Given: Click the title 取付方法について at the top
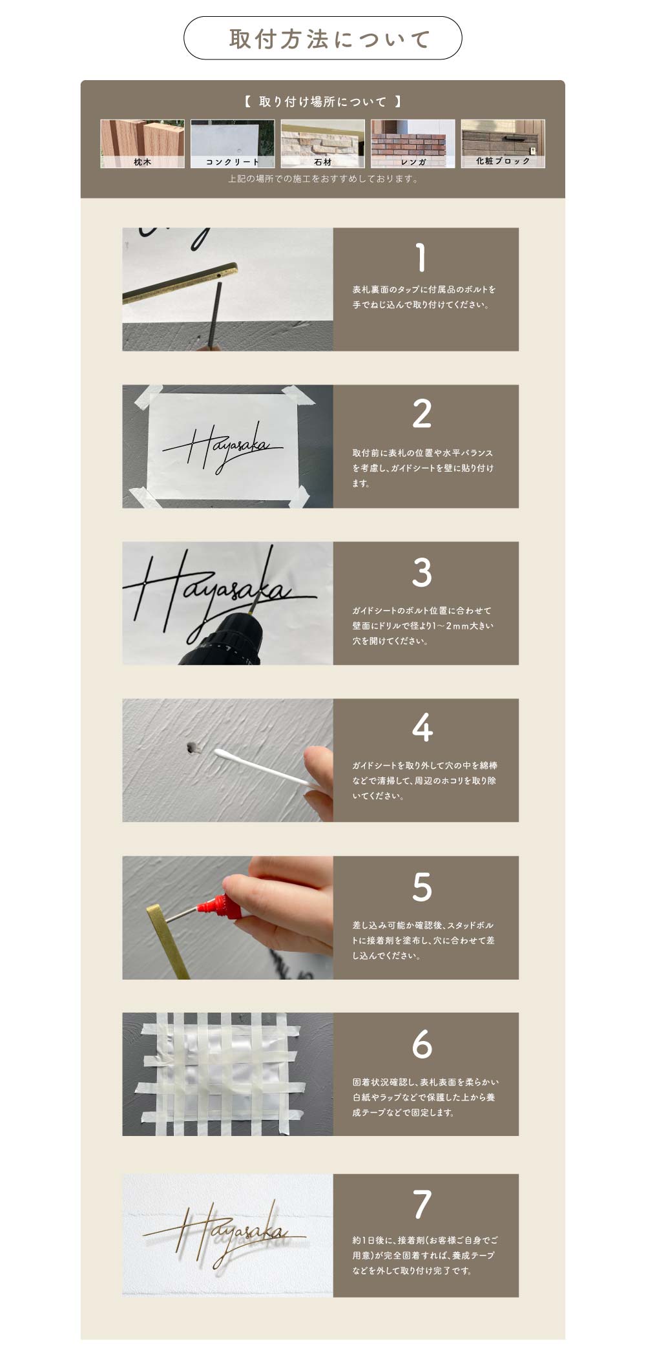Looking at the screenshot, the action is [329, 39].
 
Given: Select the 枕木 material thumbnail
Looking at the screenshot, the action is [142, 143].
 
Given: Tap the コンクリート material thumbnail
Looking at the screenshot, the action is [233, 143].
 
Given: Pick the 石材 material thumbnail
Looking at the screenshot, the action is [322, 143].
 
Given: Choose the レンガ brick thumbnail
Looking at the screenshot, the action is [413, 143].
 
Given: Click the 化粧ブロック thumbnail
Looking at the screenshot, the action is [503, 143].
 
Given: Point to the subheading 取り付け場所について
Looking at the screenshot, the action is [323, 101].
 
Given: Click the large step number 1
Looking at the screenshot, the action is [421, 257].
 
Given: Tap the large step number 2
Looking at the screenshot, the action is [422, 414].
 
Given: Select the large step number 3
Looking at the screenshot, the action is [422, 572].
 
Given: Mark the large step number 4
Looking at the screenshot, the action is [422, 728].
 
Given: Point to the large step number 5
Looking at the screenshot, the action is [422, 887].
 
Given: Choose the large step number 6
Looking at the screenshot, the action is [422, 1044].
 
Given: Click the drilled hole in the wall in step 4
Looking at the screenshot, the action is [192, 748].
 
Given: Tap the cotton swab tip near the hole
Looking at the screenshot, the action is [218, 753].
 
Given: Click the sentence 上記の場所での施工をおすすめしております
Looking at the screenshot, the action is [323, 179].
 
